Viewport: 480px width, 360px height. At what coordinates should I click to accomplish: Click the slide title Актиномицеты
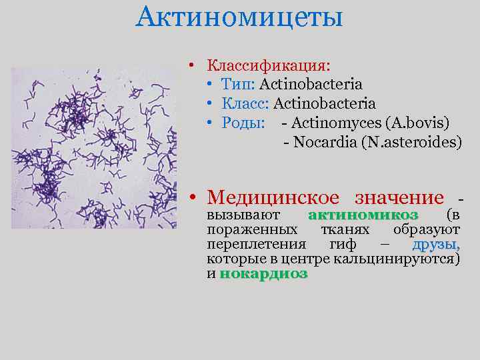coord(239,17)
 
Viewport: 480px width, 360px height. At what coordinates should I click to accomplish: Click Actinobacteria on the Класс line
coord(324,104)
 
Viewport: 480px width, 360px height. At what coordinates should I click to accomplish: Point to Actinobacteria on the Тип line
coord(311,85)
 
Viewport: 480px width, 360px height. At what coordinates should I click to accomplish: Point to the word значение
coord(399,197)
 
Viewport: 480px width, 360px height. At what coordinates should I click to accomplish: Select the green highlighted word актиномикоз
coord(363,215)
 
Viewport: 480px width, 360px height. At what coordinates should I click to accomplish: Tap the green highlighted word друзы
coord(435,245)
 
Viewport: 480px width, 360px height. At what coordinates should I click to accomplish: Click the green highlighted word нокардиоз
coord(263,274)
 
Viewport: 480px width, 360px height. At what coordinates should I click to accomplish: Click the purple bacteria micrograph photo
coord(94,147)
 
